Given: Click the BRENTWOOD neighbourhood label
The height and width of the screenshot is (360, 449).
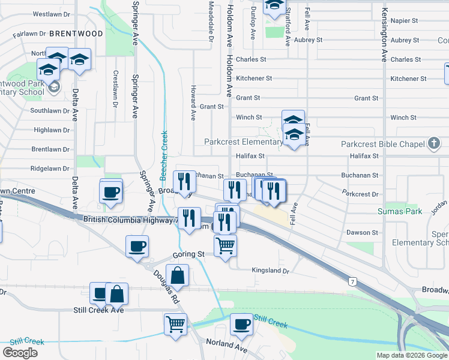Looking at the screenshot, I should (76, 33).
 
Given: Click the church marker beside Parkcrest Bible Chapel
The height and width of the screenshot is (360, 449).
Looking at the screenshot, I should (434, 143).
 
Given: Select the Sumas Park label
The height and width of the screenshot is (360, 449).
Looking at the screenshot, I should (400, 211).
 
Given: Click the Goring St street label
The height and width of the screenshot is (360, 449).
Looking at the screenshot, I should (189, 254).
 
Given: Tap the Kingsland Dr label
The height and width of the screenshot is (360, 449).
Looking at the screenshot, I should (270, 271).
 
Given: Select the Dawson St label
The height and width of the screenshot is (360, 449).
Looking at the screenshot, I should (362, 232).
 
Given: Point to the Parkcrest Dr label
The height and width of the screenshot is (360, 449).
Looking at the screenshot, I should (360, 194).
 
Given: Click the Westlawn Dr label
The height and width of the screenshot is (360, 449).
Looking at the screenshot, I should (51, 13).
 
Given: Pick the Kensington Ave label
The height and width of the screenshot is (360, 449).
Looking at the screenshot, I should (384, 36).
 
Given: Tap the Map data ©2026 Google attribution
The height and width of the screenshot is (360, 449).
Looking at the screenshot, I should (411, 355).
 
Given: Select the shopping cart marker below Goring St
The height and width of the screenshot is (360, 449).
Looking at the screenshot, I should (175, 325).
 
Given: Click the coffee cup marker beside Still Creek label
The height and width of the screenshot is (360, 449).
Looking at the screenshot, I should (241, 324).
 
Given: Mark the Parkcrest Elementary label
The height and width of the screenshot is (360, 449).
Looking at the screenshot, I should (243, 142).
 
